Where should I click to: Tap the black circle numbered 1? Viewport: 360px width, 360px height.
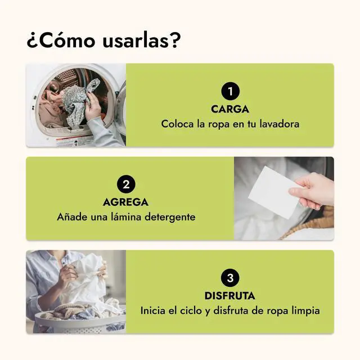click(230, 91)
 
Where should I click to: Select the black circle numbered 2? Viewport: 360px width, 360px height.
click(126, 184)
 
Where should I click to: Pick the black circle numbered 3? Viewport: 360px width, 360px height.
click(230, 278)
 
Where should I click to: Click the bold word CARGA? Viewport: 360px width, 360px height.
click(230, 109)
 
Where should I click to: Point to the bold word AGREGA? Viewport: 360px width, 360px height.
click(125, 202)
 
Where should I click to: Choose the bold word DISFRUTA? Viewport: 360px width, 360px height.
click(230, 296)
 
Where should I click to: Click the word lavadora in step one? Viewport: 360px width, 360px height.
click(280, 124)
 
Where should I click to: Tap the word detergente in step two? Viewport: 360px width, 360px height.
click(170, 217)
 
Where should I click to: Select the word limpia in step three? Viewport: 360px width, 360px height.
click(305, 310)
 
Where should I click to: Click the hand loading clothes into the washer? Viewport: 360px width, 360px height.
click(93, 106)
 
